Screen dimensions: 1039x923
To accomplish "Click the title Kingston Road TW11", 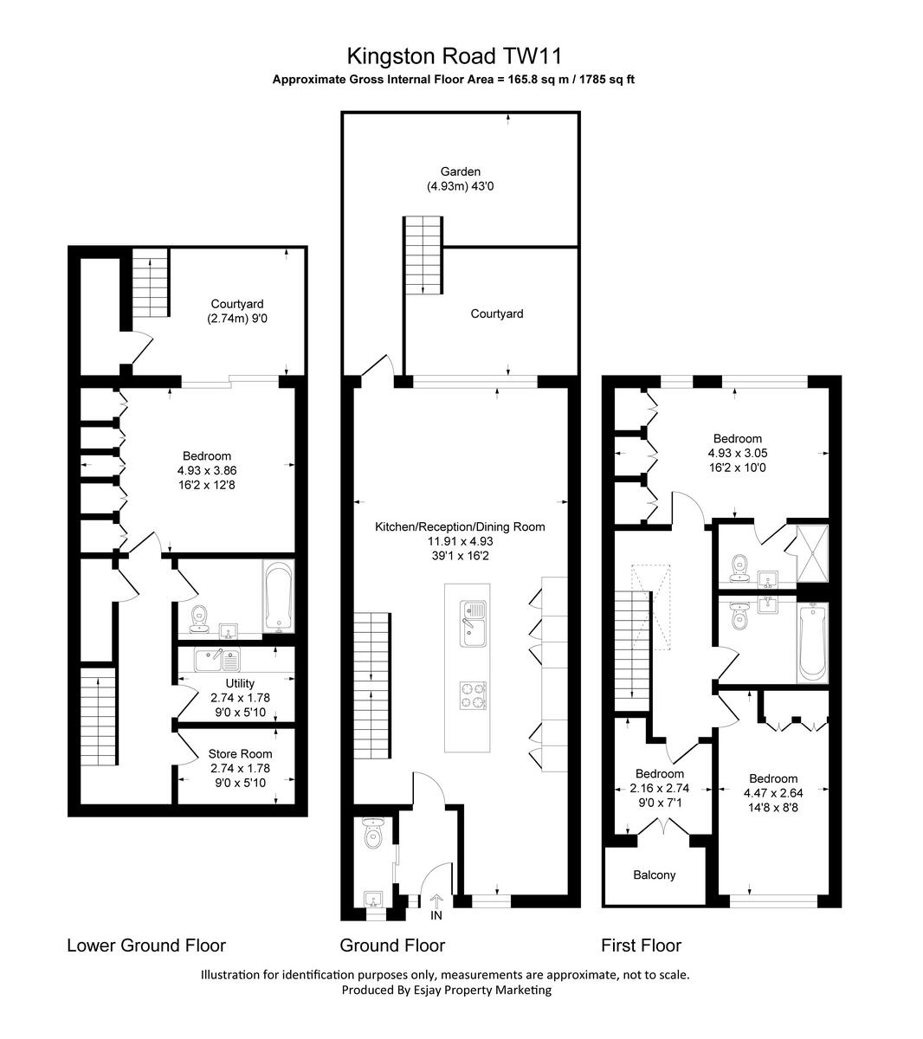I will tap(455, 56).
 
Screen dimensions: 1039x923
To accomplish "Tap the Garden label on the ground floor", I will tap(460, 171).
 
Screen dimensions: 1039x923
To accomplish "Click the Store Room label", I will tap(240, 754).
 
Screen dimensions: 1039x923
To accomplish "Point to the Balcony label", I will tap(654, 874).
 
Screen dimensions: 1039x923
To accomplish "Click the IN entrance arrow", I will tap(436, 904).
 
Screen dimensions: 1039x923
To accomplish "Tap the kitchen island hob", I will tap(474, 693).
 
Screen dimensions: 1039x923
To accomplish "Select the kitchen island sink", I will tap(473, 623).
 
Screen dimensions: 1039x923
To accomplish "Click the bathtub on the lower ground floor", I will tap(277, 595).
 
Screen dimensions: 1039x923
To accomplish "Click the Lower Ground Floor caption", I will tap(146, 945).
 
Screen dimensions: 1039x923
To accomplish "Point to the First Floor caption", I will tap(641, 945).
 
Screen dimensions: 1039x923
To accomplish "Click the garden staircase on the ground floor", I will tap(423, 255).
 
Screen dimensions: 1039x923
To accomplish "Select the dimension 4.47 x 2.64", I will tap(773, 792).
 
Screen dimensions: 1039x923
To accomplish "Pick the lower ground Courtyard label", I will tap(236, 304).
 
